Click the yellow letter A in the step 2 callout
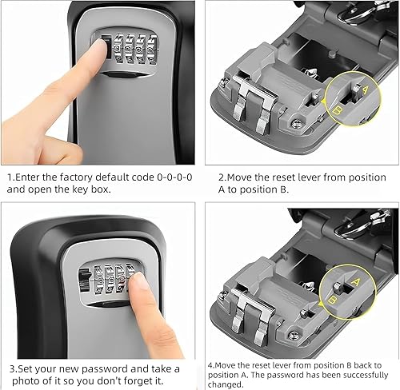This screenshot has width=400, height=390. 365,90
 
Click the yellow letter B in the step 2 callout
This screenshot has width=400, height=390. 338,110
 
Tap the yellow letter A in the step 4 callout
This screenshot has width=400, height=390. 356,281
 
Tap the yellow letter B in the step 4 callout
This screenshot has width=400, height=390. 331,300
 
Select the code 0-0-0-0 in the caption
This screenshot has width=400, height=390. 174,177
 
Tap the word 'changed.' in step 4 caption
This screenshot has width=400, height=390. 226,384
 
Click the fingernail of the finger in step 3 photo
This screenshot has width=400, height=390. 138,282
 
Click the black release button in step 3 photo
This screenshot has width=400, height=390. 84,281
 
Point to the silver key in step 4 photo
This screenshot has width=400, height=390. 350,228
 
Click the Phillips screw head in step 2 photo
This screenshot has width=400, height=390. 295,123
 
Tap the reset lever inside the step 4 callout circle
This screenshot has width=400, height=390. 338,288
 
